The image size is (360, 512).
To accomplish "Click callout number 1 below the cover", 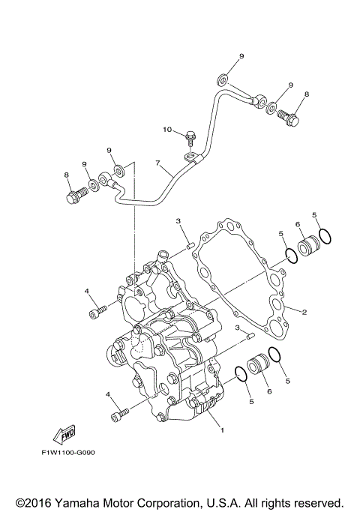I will click(221, 430).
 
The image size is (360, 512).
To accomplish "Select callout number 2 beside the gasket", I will click(304, 313).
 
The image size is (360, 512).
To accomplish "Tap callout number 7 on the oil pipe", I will click(157, 163).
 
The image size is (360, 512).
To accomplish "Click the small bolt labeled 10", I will click(190, 139).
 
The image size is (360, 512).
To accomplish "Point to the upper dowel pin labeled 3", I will click(190, 244).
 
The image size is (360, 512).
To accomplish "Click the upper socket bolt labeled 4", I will click(95, 310).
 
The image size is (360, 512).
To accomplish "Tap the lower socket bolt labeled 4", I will click(119, 413).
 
